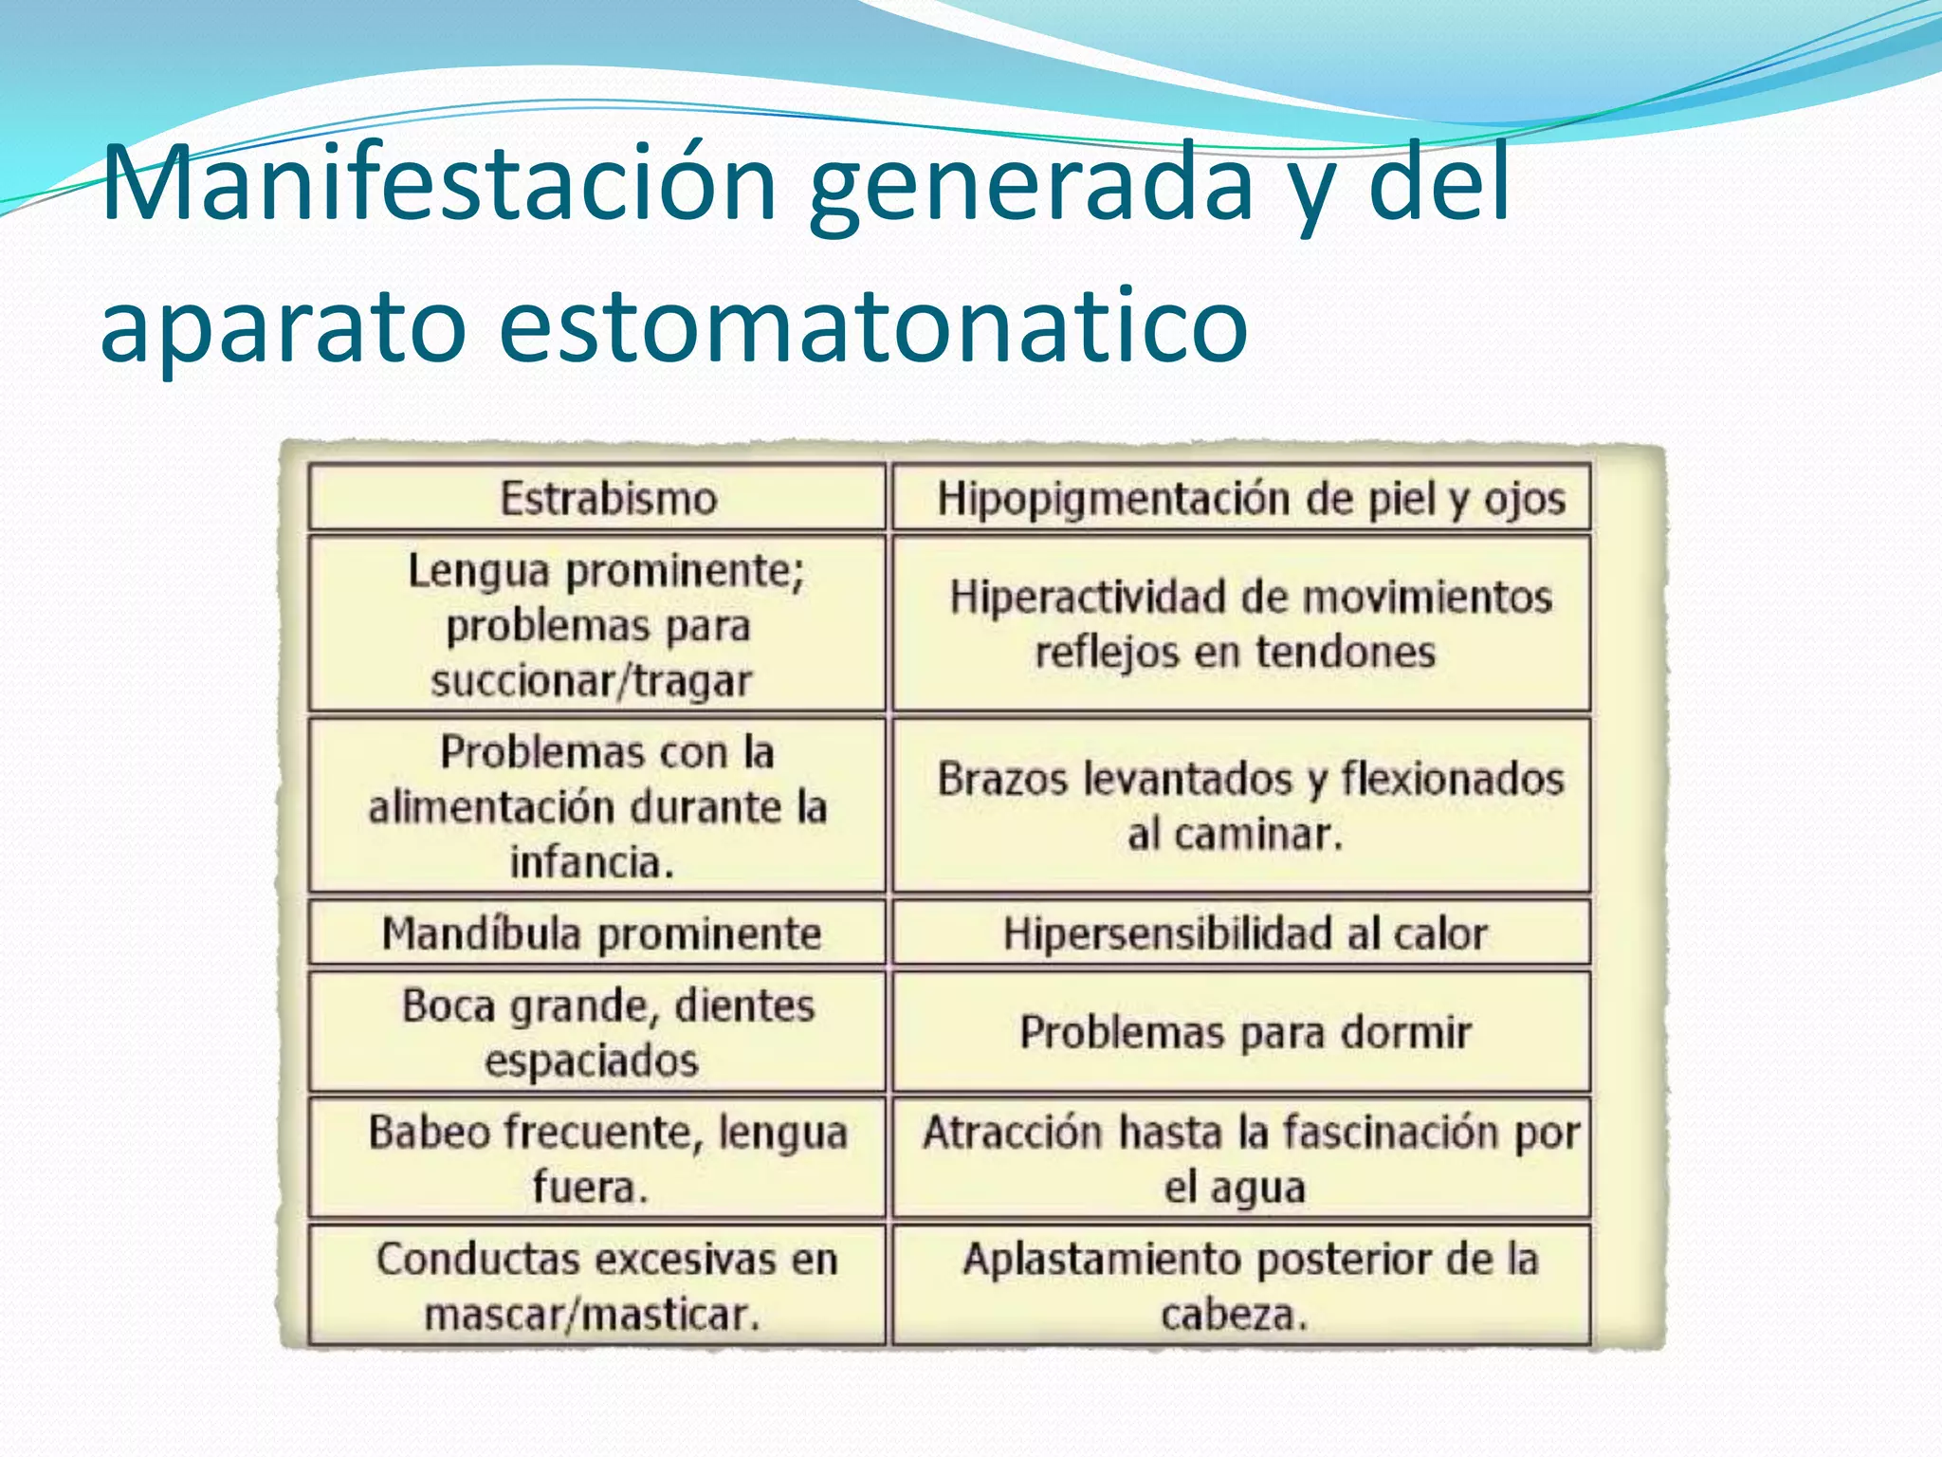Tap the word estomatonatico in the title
872,325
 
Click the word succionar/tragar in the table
591,681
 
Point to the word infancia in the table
587,862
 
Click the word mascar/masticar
590,1315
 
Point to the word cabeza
1231,1315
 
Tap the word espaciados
592,1060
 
